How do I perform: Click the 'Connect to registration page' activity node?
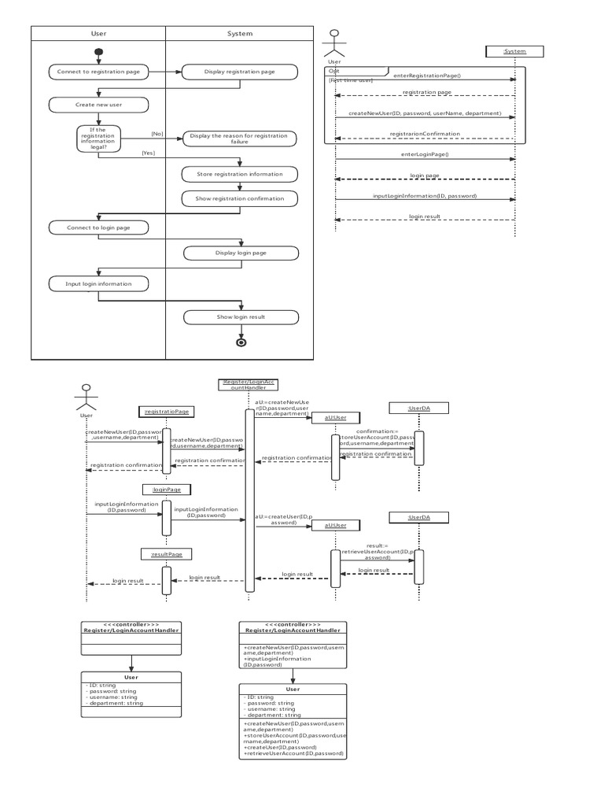[x=98, y=72]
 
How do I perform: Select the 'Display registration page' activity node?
[x=240, y=72]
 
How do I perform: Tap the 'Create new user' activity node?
[x=98, y=105]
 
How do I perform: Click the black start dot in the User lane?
[x=98, y=54]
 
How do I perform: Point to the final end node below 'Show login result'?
[x=241, y=342]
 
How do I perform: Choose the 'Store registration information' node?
[x=240, y=174]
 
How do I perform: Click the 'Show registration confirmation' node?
[x=240, y=198]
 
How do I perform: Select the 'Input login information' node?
[x=98, y=283]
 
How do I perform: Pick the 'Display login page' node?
[x=241, y=253]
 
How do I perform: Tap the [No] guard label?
[x=157, y=134]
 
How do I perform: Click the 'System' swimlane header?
[x=240, y=34]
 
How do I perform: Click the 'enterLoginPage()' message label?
[x=425, y=155]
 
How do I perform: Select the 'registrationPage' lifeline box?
[x=166, y=411]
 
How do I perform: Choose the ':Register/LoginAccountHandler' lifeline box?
[x=249, y=385]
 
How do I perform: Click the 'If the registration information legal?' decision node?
[x=98, y=138]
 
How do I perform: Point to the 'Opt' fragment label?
[x=333, y=70]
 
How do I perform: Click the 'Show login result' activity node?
[x=241, y=317]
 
